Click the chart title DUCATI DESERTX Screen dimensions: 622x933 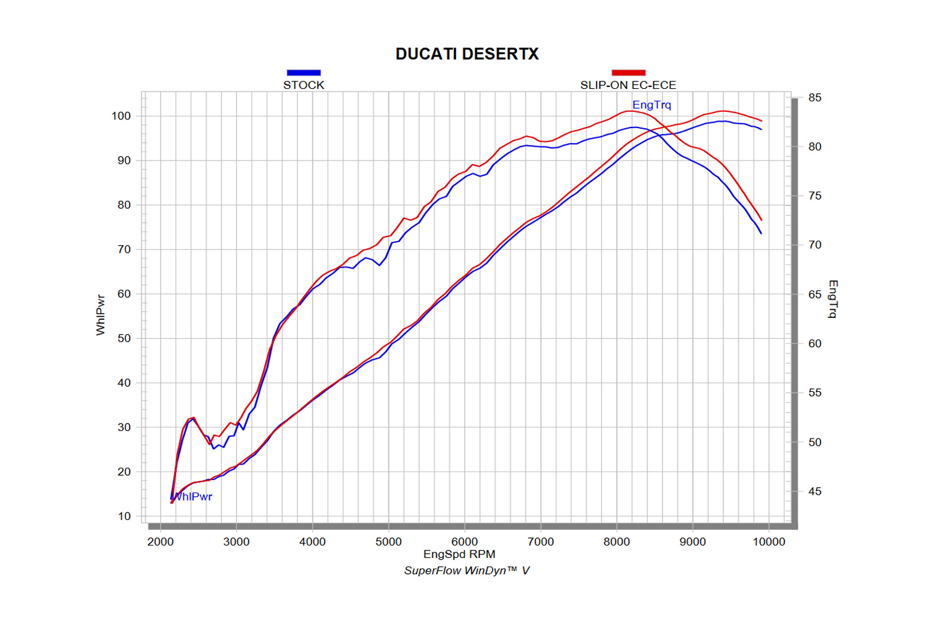(x=467, y=54)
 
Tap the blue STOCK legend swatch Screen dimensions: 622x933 (x=304, y=73)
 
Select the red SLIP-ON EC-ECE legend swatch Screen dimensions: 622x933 (x=628, y=73)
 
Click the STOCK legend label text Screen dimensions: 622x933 (x=304, y=85)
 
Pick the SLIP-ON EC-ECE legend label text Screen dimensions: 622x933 (x=628, y=85)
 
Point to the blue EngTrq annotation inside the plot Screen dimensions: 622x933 (x=652, y=105)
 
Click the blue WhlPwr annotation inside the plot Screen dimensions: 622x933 (x=193, y=496)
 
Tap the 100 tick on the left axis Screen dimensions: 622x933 (x=121, y=116)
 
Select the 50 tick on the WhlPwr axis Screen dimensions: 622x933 (x=124, y=338)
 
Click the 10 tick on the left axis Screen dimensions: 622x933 (x=124, y=516)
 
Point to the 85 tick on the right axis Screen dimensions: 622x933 (x=815, y=98)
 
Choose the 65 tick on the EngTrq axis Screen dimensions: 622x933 (x=815, y=294)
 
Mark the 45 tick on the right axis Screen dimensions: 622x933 (x=815, y=491)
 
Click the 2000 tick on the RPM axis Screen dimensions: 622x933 (x=160, y=542)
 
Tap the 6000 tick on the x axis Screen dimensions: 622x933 (x=465, y=542)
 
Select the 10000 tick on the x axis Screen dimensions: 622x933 (x=769, y=542)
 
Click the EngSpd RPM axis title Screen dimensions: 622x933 (x=460, y=554)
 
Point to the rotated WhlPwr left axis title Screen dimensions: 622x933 (x=101, y=315)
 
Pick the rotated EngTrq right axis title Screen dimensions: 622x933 (x=833, y=299)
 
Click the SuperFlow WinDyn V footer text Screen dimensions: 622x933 (x=466, y=570)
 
